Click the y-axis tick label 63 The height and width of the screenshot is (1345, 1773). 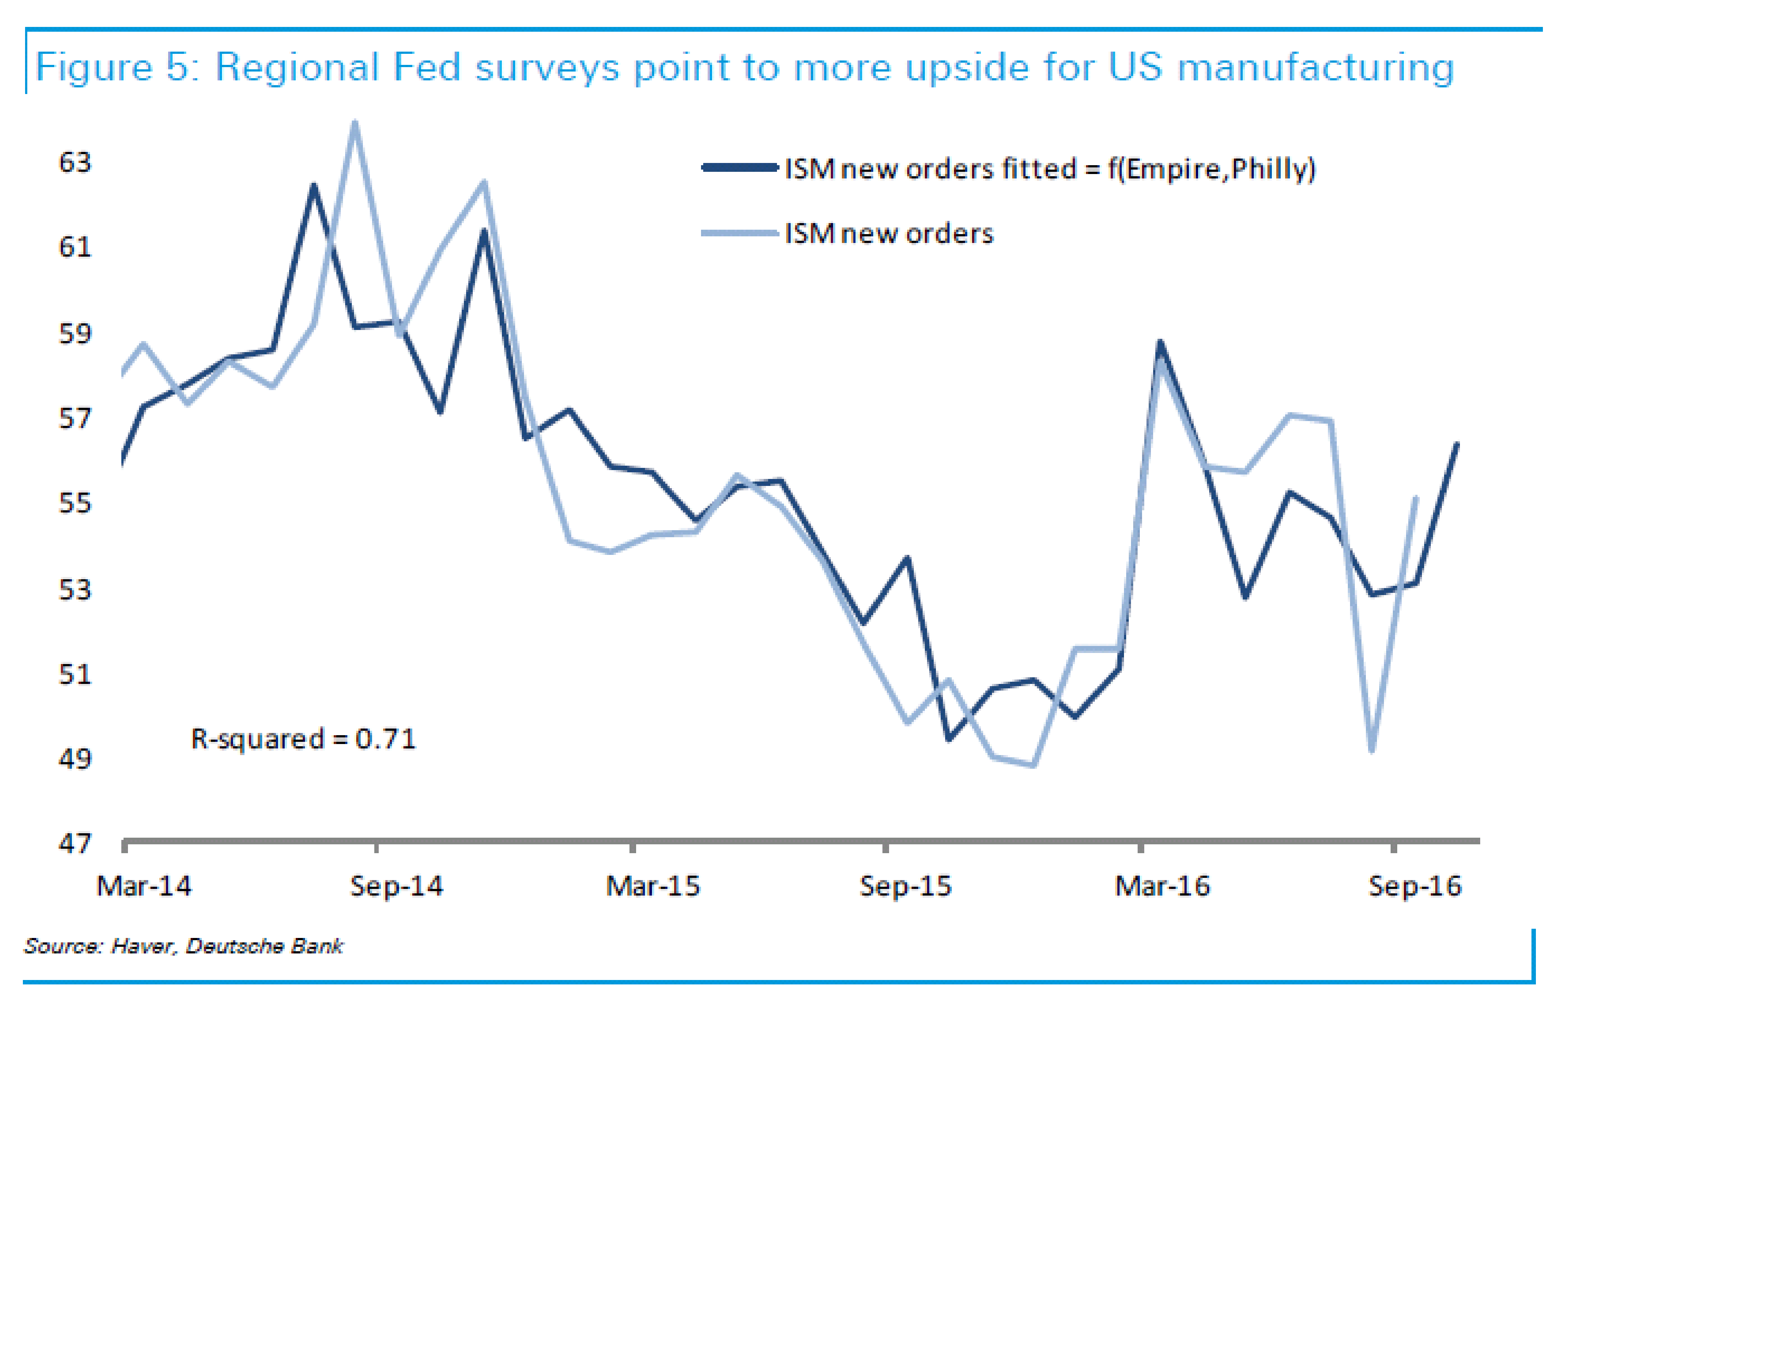75,163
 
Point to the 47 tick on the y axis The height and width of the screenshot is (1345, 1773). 75,844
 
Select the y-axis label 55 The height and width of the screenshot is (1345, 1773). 75,503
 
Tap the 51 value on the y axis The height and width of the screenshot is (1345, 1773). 75,674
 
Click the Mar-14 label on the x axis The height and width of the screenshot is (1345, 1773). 144,886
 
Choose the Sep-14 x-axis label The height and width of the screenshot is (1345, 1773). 397,886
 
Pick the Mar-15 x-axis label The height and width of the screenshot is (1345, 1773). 653,886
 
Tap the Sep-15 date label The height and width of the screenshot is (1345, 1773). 906,886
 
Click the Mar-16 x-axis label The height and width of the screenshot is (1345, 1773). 1162,886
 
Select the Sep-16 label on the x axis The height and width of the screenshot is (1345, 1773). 1416,886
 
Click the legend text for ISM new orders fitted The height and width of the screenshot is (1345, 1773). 1050,169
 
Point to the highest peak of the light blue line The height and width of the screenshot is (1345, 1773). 355,123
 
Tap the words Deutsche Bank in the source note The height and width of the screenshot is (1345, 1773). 264,947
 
